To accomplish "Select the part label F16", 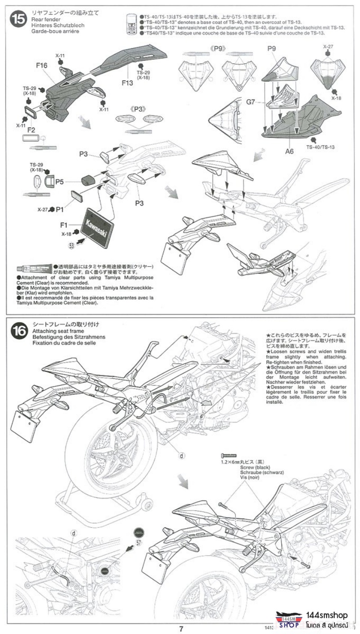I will (42, 66).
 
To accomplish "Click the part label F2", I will (31, 130).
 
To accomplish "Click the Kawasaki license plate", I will (97, 227).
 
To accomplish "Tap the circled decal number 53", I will (72, 246).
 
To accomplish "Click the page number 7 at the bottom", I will (180, 629).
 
